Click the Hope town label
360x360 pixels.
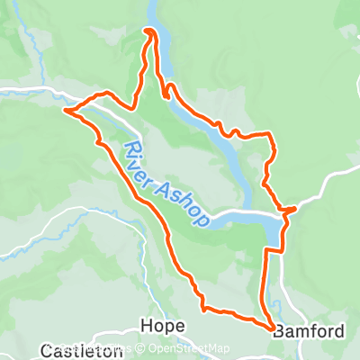point(163,326)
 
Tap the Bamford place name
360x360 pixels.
point(309,331)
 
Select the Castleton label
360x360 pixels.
point(82,350)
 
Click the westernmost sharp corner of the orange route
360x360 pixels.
point(65,111)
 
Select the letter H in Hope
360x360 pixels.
point(146,326)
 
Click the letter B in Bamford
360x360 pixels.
point(279,331)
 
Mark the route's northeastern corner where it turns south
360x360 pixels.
point(270,135)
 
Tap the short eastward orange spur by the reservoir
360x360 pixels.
point(291,211)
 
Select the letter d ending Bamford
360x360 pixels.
point(338,331)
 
